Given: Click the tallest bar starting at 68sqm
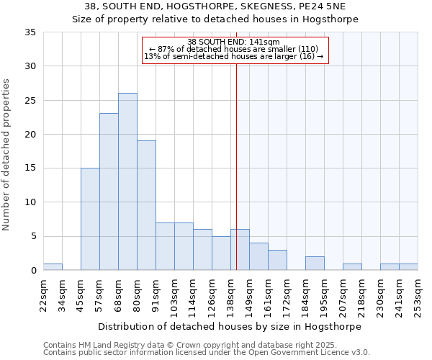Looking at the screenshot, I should click(127, 181).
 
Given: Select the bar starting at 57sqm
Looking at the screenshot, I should click(109, 192).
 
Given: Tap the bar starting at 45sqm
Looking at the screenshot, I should click(90, 219).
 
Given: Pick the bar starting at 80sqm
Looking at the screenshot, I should click(146, 205).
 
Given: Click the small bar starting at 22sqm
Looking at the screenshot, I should click(53, 267).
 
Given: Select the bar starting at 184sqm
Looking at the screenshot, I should click(315, 264).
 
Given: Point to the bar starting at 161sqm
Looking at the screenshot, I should click(277, 260).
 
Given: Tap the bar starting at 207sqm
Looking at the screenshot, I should click(352, 267).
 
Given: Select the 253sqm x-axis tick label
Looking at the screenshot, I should click(418, 295).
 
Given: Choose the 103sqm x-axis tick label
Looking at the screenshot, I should click(174, 295).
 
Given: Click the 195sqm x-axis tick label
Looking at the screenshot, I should click(324, 295).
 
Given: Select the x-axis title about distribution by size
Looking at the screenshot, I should click(230, 326).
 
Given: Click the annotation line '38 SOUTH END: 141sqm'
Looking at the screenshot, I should click(235, 41).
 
